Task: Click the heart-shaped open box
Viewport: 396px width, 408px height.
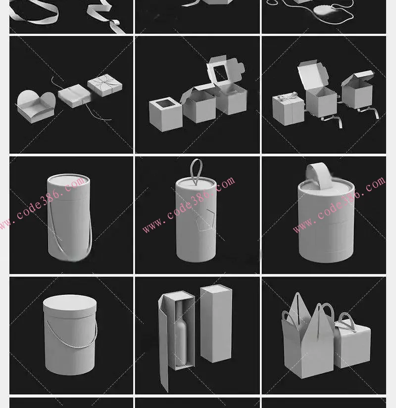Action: coord(36,107)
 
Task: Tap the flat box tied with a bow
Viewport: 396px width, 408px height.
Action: coord(105,85)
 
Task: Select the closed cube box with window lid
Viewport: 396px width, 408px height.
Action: coord(166,114)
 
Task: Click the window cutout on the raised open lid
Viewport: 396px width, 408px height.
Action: coord(221,73)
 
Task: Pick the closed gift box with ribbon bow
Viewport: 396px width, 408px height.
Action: coord(288,108)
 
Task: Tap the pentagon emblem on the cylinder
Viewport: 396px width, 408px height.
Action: coord(205,220)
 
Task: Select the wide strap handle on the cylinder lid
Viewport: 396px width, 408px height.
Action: coord(318,175)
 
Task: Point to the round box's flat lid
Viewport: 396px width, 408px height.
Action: coord(70,306)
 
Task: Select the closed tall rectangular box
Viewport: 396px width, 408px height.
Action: coord(216,323)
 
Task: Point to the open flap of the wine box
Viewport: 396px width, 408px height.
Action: coord(163,344)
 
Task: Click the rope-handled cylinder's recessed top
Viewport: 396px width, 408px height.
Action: coord(68,181)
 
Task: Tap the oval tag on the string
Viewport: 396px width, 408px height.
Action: coord(323,11)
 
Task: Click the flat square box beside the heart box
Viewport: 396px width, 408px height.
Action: coord(74,95)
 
